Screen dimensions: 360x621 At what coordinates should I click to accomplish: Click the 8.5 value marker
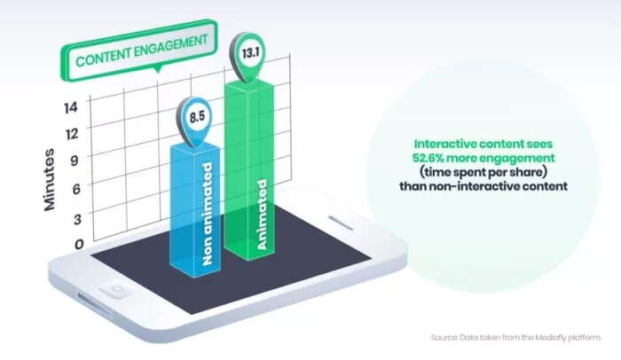tap(199, 117)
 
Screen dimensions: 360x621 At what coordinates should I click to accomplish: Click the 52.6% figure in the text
tap(439, 158)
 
